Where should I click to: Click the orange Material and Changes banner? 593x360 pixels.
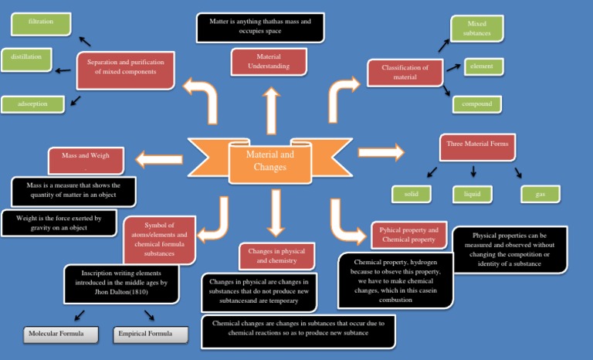click(269, 160)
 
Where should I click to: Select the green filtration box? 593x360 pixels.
click(40, 23)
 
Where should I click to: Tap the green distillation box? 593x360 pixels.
click(26, 59)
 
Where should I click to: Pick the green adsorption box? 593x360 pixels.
click(32, 104)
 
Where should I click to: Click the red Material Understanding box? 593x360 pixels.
click(269, 62)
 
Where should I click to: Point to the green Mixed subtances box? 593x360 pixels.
click(476, 29)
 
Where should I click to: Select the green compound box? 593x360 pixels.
click(476, 104)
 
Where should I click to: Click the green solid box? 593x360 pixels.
click(411, 194)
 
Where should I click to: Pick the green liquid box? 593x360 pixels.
click(472, 194)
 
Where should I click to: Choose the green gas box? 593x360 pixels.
click(540, 194)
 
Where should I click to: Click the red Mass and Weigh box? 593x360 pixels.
click(90, 159)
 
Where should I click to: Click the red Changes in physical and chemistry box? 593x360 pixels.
click(276, 256)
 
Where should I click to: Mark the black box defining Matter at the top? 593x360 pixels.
click(260, 27)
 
